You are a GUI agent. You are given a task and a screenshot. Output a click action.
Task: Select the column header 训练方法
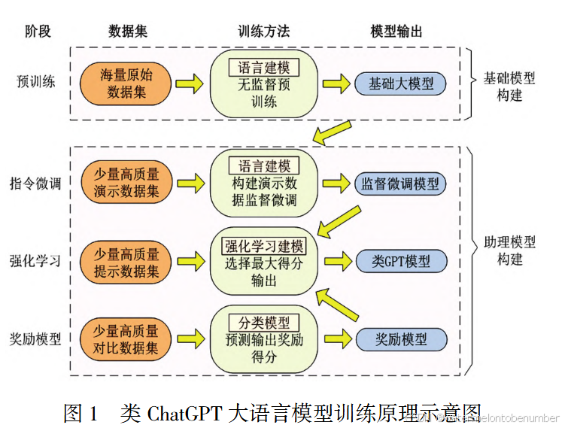[263, 31]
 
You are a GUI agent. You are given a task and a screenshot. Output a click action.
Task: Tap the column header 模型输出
[396, 31]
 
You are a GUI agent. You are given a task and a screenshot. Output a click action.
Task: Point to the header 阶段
[38, 31]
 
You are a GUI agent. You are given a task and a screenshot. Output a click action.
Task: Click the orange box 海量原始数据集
[126, 83]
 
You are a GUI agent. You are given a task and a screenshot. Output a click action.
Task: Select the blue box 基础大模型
[401, 83]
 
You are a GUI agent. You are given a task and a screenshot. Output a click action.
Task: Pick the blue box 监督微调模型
[401, 184]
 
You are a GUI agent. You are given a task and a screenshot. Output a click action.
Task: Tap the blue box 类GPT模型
[401, 261]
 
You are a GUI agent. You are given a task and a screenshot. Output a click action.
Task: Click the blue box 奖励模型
[401, 339]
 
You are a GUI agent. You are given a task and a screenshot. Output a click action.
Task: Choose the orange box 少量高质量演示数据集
[126, 183]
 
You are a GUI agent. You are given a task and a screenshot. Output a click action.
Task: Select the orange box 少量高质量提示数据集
[126, 261]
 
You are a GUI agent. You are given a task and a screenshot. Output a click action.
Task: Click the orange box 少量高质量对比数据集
[126, 339]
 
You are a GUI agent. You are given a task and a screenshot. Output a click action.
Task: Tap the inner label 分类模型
[263, 323]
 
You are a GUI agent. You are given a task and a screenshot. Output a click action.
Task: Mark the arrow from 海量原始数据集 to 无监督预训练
[189, 83]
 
